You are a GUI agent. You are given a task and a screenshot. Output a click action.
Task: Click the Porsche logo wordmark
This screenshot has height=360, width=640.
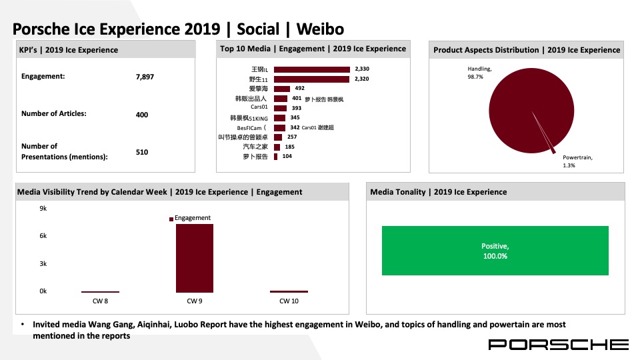pyautogui.click(x=559, y=345)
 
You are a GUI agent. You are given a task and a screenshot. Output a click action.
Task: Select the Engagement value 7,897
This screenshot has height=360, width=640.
pyautogui.click(x=145, y=77)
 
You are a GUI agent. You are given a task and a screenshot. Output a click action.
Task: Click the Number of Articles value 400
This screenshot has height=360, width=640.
pyautogui.click(x=142, y=115)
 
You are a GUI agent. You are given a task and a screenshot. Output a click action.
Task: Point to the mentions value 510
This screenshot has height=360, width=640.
pyautogui.click(x=142, y=152)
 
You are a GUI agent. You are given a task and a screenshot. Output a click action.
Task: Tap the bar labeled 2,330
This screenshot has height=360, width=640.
pyautogui.click(x=312, y=69)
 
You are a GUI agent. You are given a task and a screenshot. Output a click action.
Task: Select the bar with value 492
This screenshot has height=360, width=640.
pyautogui.click(x=282, y=89)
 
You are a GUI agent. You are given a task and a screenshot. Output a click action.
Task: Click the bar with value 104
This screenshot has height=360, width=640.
pyautogui.click(x=276, y=157)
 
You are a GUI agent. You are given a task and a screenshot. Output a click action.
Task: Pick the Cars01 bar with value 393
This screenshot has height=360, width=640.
pyautogui.click(x=281, y=108)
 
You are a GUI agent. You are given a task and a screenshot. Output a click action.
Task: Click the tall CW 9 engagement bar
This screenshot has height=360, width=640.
pyautogui.click(x=195, y=258)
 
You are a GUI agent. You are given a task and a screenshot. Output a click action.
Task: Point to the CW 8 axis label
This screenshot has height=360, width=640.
pyautogui.click(x=101, y=301)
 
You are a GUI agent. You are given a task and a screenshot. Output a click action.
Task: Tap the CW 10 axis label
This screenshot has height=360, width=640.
pyautogui.click(x=289, y=301)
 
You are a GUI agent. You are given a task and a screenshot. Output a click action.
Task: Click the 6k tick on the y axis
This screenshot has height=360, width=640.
pyautogui.click(x=43, y=236)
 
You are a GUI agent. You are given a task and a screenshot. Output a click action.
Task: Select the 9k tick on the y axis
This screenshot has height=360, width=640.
pyautogui.click(x=43, y=209)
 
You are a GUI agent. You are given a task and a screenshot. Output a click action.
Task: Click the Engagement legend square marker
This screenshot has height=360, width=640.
pyautogui.click(x=171, y=219)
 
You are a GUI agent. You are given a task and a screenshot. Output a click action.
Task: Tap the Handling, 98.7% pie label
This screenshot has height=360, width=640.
pyautogui.click(x=479, y=73)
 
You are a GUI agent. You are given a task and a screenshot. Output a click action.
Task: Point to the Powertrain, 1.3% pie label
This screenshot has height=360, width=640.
pyautogui.click(x=577, y=161)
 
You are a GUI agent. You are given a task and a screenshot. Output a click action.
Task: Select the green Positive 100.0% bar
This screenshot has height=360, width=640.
pyautogui.click(x=495, y=251)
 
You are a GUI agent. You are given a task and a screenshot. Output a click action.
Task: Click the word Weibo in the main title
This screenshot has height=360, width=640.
pyautogui.click(x=321, y=29)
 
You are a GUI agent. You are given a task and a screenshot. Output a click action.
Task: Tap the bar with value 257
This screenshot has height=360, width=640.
pyautogui.click(x=278, y=137)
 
